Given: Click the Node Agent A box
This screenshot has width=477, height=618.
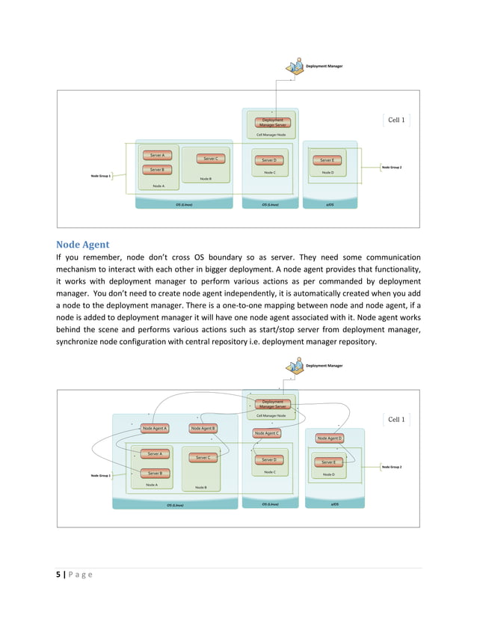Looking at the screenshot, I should [x=155, y=429].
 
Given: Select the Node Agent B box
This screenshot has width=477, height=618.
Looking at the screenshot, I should [x=203, y=429].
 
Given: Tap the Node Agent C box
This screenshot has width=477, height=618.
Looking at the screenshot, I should [x=267, y=433].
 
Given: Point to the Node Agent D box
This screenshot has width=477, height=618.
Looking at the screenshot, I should [x=330, y=438].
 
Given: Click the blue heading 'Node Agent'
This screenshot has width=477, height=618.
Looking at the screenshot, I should [x=83, y=244].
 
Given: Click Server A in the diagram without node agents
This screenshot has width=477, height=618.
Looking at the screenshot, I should [x=158, y=156].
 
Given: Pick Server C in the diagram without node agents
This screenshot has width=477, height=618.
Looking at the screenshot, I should [x=211, y=159].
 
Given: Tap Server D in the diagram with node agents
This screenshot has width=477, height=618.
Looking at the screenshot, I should [x=269, y=460].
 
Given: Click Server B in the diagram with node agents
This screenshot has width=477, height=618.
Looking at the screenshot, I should [x=155, y=473].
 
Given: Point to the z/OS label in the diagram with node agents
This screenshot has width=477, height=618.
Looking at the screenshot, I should [x=334, y=505].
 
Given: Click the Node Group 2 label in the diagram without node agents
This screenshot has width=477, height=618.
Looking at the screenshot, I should [x=392, y=168].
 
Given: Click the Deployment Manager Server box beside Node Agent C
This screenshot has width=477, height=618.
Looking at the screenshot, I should [x=271, y=405].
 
